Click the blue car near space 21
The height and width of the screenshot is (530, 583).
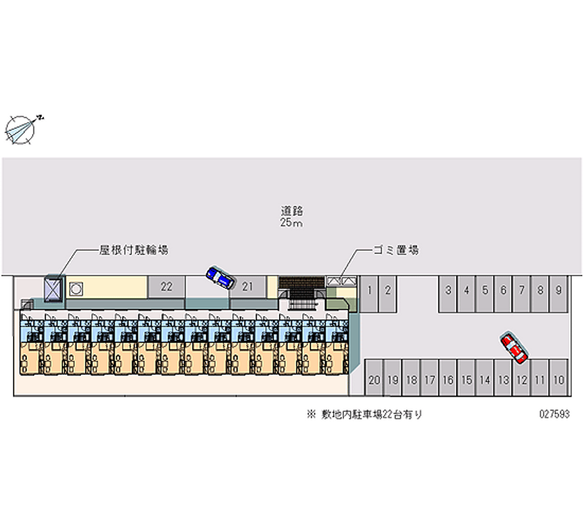pyautogui.click(x=221, y=278)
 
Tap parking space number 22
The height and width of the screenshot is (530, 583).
pyautogui.click(x=167, y=287)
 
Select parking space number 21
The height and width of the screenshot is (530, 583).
pyautogui.click(x=248, y=287)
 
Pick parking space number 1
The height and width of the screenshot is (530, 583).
pyautogui.click(x=369, y=294)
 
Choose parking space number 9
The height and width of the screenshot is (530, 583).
pyautogui.click(x=558, y=294)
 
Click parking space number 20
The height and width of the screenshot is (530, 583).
pyautogui.click(x=374, y=377)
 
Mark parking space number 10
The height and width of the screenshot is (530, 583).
pyautogui.click(x=558, y=377)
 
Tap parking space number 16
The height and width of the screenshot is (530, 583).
pyautogui.click(x=448, y=377)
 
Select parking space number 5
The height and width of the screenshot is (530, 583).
pyautogui.click(x=485, y=294)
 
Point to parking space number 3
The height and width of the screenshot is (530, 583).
pyautogui.click(x=448, y=294)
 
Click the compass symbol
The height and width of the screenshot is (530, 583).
pyautogui.click(x=20, y=130)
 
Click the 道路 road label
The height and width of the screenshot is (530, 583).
pyautogui.click(x=292, y=211)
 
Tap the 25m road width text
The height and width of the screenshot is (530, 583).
pyautogui.click(x=291, y=223)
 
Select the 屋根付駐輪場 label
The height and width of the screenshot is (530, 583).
pyautogui.click(x=133, y=250)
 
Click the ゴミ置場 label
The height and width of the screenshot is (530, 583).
pyautogui.click(x=396, y=250)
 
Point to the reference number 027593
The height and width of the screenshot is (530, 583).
pyautogui.click(x=555, y=414)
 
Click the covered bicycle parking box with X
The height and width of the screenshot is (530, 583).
pyautogui.click(x=52, y=289)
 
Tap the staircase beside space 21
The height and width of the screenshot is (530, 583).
pyautogui.click(x=302, y=294)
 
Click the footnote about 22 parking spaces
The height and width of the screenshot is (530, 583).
pyautogui.click(x=365, y=414)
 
